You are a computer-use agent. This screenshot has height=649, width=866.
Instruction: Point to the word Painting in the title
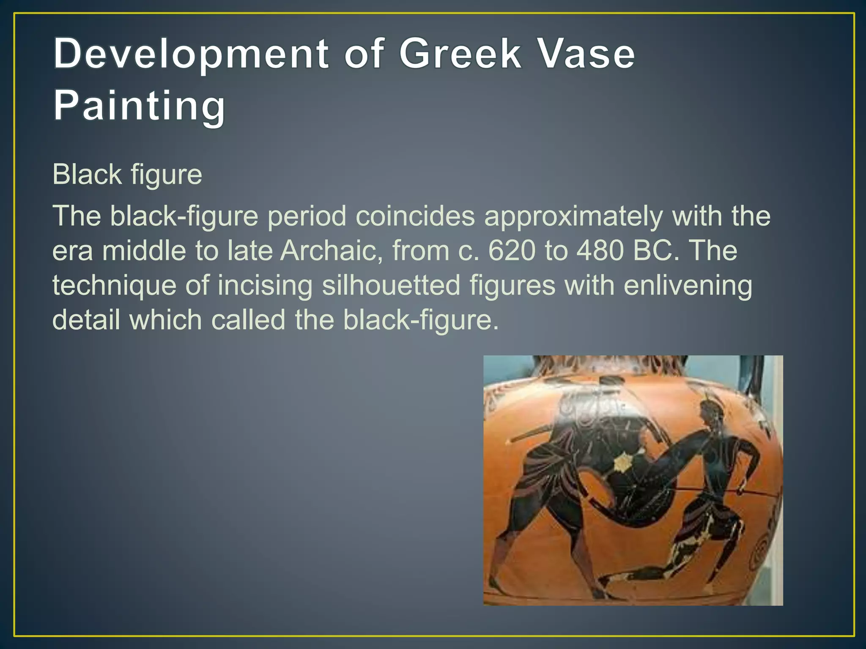[139, 105]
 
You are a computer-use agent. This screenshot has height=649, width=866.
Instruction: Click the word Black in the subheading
[87, 175]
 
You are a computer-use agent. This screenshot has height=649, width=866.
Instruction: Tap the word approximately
[573, 216]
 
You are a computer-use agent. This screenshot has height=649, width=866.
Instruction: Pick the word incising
[265, 285]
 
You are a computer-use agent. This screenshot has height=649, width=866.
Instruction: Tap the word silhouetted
[391, 285]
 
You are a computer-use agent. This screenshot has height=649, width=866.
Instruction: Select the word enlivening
[688, 285]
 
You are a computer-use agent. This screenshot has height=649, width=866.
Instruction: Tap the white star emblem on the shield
[621, 463]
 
